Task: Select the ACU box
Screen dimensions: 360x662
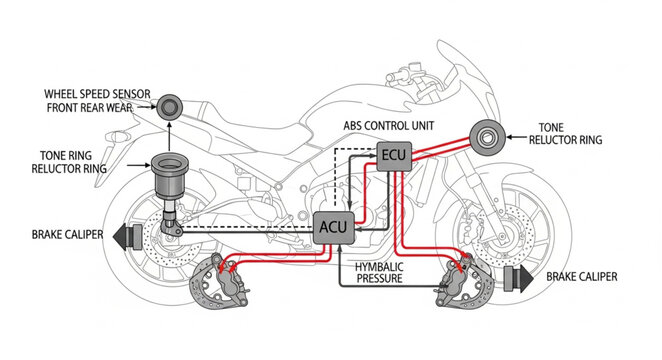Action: pos(332,227)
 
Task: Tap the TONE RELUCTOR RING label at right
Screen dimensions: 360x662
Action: pos(570,134)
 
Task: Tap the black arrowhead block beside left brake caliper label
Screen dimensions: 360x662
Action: pos(126,236)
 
